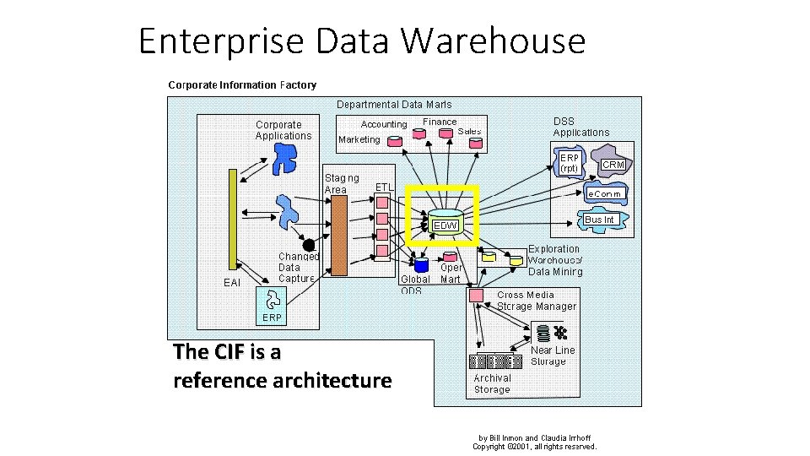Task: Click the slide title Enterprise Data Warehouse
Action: pos(362,41)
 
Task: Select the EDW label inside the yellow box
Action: pos(445,225)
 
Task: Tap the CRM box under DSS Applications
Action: pos(613,165)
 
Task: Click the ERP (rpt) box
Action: pos(570,163)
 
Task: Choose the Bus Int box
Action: pos(599,220)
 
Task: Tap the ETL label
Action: pos(384,187)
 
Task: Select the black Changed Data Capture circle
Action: pos(310,245)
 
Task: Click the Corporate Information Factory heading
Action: pos(242,84)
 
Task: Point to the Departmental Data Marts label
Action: pos(394,105)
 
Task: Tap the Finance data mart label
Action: pos(440,122)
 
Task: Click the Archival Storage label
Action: pos(492,384)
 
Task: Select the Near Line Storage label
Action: pos(553,356)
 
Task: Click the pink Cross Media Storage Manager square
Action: pos(476,296)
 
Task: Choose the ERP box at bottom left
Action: pos(272,318)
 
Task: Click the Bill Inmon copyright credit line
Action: pos(535,442)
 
